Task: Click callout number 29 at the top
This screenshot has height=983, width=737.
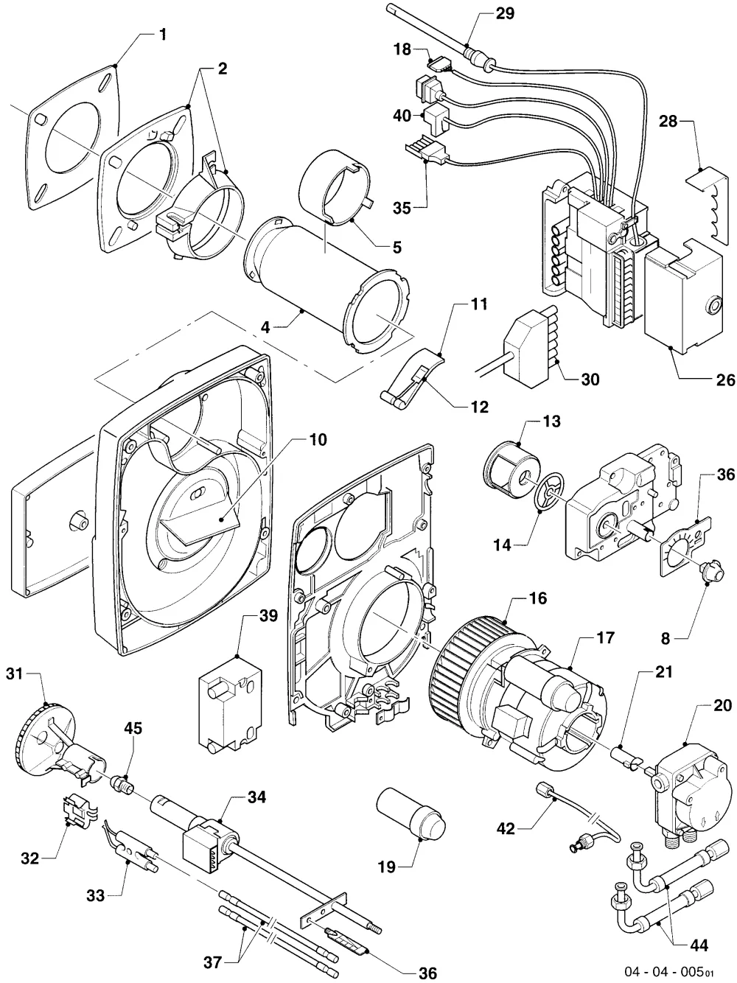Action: pos(505,13)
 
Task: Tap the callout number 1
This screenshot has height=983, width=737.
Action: pos(163,34)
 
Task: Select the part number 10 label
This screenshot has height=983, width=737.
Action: pos(318,439)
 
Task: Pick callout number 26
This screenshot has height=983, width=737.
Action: pos(725,380)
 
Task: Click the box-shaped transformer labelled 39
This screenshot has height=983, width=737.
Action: pos(230,707)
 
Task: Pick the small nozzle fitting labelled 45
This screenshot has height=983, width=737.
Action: pos(122,786)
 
